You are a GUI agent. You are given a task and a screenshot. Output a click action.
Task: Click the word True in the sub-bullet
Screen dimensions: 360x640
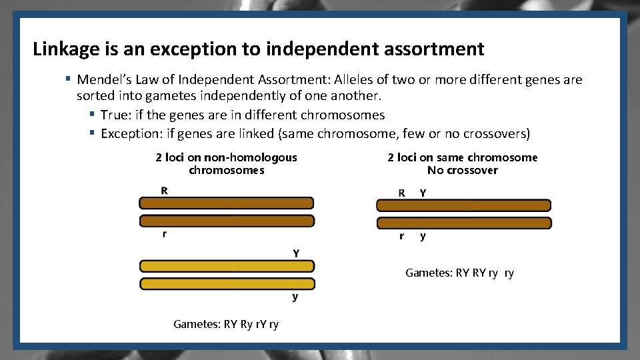(x=114, y=115)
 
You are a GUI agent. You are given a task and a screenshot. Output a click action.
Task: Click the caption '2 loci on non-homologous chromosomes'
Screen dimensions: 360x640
(x=226, y=164)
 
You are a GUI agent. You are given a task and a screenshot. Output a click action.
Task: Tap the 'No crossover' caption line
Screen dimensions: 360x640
(x=462, y=171)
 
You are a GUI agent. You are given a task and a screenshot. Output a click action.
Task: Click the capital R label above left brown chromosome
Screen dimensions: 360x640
(x=164, y=191)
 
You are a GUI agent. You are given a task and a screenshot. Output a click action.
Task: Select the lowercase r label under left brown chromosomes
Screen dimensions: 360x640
(x=164, y=234)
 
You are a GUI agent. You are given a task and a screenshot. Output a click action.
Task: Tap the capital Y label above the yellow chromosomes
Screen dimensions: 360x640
(x=296, y=253)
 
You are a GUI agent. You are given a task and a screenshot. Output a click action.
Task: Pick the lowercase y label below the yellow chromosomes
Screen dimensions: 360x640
(x=295, y=297)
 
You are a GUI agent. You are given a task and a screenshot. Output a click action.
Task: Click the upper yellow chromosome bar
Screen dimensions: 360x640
(x=227, y=266)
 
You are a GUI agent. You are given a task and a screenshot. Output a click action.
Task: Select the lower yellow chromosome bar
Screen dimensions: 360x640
(x=227, y=283)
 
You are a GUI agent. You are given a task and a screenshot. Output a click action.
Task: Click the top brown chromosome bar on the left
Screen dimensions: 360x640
(x=227, y=203)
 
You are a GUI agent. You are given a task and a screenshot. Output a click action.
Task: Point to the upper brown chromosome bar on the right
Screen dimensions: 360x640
(x=464, y=205)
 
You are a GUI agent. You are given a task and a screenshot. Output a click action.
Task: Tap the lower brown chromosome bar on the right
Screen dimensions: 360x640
(x=464, y=223)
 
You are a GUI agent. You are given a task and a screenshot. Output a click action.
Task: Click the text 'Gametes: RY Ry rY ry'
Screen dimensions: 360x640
(x=226, y=325)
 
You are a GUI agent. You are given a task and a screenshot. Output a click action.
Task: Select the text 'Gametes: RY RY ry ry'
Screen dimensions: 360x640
(x=460, y=273)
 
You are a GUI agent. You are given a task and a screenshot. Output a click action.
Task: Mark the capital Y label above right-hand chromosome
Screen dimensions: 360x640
(x=423, y=193)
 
